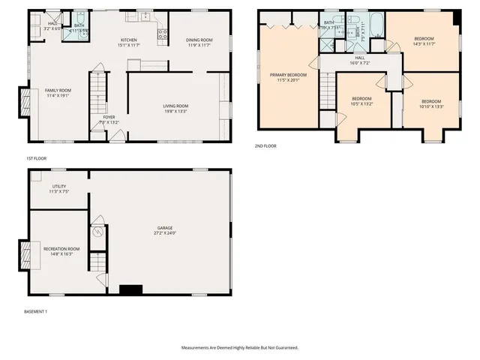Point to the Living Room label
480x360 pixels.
point(175,106)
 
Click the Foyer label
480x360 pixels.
point(109,117)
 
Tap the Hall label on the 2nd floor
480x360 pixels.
point(359,58)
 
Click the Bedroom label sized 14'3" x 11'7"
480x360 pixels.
point(425,39)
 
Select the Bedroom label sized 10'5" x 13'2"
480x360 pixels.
point(361,98)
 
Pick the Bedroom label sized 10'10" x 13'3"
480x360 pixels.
point(431,101)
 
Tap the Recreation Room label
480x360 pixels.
point(61,248)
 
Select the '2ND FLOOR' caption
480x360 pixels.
point(265,145)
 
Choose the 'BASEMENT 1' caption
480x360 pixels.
point(37,310)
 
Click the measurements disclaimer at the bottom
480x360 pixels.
point(239,348)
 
